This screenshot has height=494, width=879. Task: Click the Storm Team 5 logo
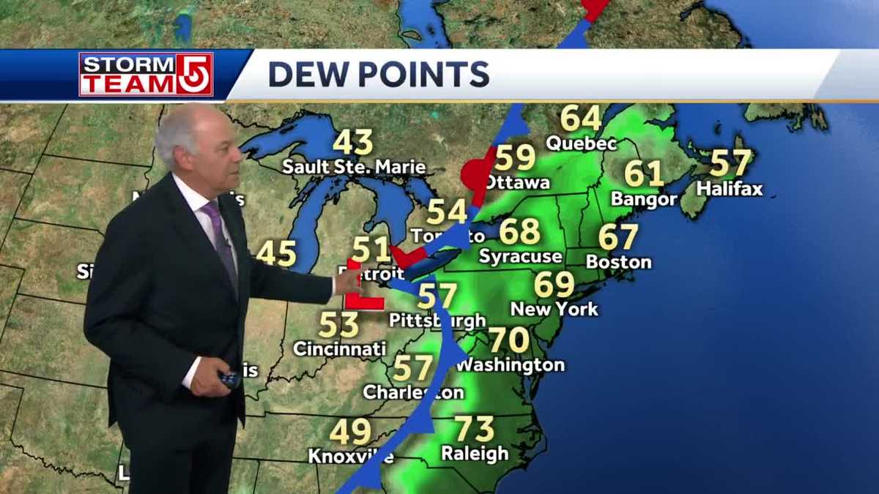[x=146, y=75]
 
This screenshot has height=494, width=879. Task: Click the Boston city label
[x=618, y=261]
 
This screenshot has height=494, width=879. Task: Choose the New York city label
[x=554, y=309]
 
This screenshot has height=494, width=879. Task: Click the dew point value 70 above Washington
[x=508, y=340]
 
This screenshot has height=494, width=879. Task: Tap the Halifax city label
[x=729, y=189]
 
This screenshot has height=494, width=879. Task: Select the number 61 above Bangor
[x=644, y=174]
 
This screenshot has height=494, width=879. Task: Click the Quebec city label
[x=581, y=143]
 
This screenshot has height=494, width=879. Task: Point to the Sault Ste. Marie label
[x=354, y=168]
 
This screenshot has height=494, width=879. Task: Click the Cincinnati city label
[x=339, y=349]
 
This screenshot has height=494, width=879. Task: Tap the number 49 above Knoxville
[x=349, y=432]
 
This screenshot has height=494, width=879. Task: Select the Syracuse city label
[x=520, y=256]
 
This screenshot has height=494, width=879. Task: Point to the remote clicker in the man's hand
[x=229, y=378]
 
